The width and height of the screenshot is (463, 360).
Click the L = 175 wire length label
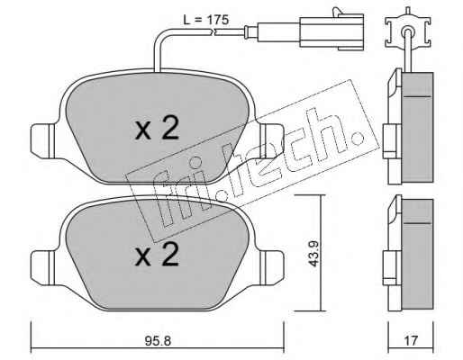tap(206, 20)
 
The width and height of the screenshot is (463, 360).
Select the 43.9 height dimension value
tap(314, 253)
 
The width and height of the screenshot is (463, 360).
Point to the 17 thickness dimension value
tap(411, 341)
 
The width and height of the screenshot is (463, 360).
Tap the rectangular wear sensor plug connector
tap(331, 30)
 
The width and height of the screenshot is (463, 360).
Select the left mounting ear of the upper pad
tap(43, 141)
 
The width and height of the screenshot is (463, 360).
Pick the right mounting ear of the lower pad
tap(271, 267)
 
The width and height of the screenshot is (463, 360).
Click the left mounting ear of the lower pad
tap(43, 267)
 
